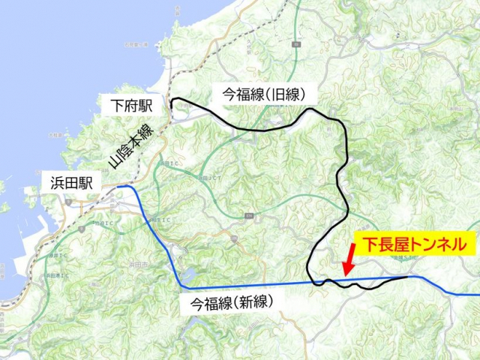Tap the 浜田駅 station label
coord(70,181)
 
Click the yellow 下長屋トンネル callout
coord(415,244)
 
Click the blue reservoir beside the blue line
coord(183,274)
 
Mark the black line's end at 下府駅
coord(172,100)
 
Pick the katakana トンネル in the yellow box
coord(442,244)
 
